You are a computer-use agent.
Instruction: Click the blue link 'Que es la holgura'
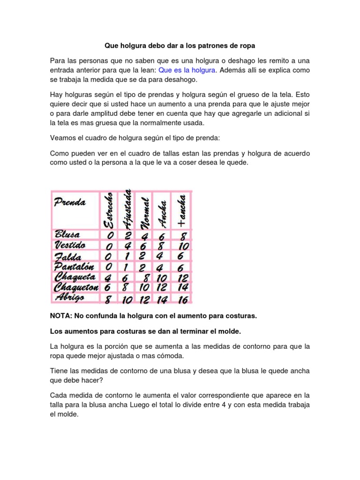pyautogui.click(x=187, y=70)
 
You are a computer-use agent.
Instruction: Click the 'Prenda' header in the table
pyautogui.click(x=70, y=202)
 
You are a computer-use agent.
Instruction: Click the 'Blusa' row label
pyautogui.click(x=67, y=234)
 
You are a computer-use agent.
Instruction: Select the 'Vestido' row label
pyautogui.click(x=70, y=245)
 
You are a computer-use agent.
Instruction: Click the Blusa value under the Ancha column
pyautogui.click(x=162, y=236)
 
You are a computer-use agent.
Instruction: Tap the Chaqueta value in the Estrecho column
pyautogui.click(x=109, y=277)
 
